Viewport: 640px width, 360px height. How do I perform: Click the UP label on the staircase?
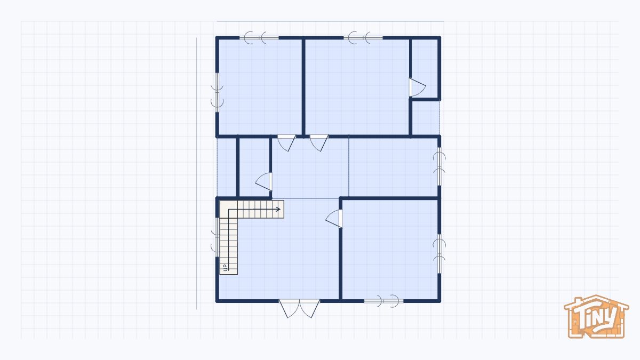226,267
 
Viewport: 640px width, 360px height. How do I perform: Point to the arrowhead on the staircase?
278,209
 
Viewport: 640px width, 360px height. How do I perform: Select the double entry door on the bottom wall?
300,307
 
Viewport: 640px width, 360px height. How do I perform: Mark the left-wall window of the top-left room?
217,91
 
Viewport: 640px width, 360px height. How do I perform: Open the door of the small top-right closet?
416,87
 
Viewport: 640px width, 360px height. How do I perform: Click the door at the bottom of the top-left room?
286,142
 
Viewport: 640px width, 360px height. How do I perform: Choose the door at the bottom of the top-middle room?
318,142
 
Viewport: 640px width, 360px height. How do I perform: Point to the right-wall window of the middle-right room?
439,166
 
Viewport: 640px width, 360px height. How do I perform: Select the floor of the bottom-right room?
390,248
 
